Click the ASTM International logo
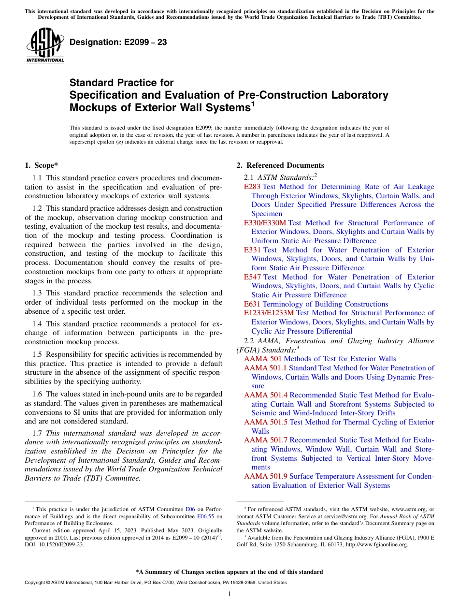(x=45, y=45)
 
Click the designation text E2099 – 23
(x=118, y=43)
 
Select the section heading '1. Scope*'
(x=42, y=165)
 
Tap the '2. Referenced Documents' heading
(x=280, y=165)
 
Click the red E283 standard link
(x=252, y=187)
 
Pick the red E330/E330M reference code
(x=265, y=223)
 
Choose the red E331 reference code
(x=252, y=250)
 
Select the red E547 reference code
(x=252, y=277)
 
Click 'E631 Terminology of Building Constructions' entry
(x=316, y=304)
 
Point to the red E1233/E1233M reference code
(x=269, y=313)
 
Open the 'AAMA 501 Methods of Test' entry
(x=320, y=359)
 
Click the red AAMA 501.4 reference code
(x=266, y=395)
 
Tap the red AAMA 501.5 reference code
(x=266, y=422)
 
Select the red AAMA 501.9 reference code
(x=266, y=476)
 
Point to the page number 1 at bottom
(x=229, y=594)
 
